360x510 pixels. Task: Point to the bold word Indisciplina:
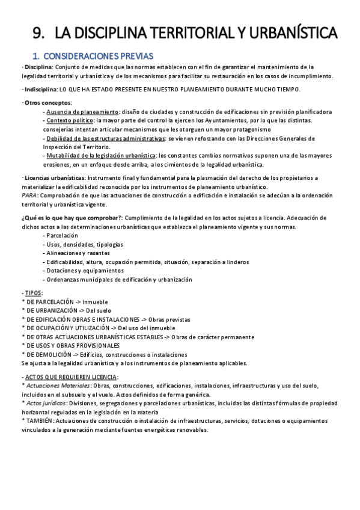point(41,90)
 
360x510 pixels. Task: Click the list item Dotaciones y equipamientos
point(85,271)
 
